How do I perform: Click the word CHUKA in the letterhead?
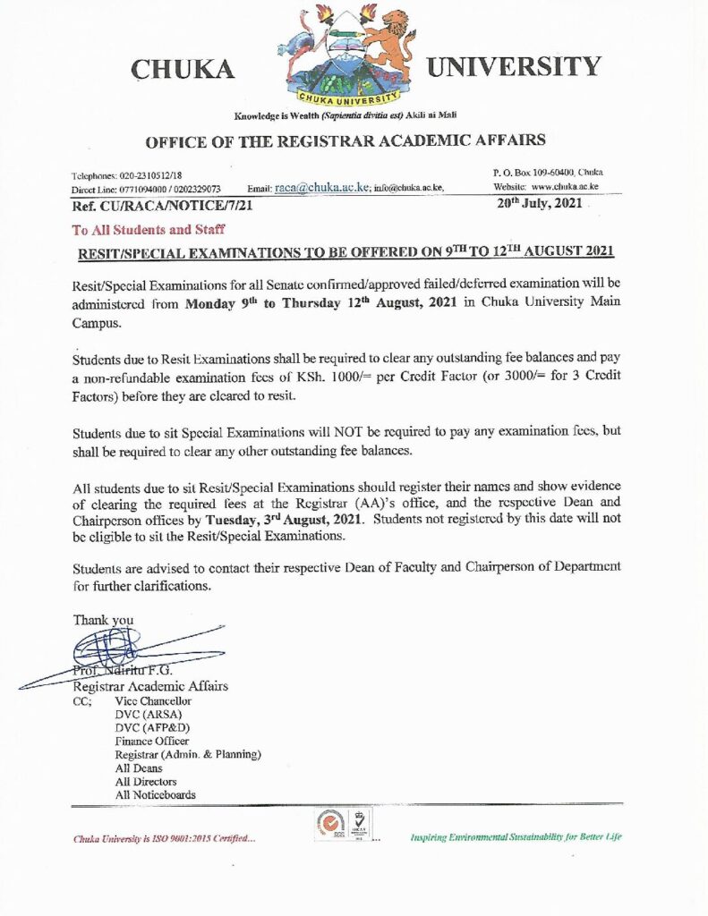click(183, 69)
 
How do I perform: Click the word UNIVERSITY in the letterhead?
click(514, 66)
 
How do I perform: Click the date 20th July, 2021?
click(539, 204)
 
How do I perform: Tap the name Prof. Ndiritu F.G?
click(123, 671)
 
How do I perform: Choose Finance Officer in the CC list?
click(152, 741)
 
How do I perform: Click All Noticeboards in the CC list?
click(156, 794)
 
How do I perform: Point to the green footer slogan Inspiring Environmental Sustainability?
click(515, 837)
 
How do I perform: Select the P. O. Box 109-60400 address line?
click(548, 171)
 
